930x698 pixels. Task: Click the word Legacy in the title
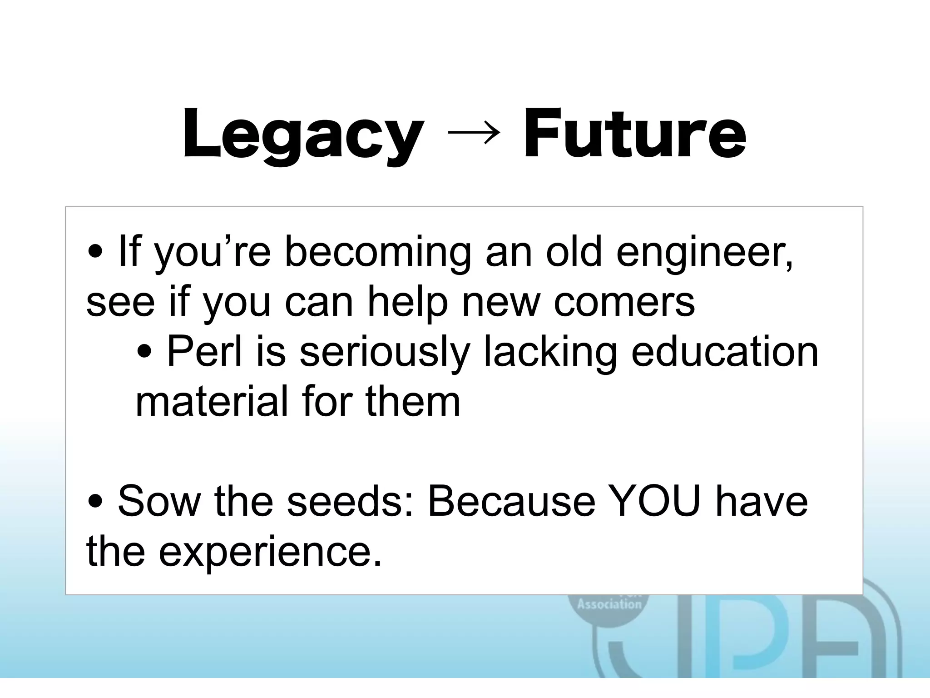pos(303,135)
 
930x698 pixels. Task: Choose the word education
pos(725,352)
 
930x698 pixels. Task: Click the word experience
pos(270,551)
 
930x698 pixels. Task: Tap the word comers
pos(624,302)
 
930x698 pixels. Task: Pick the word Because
pos(511,501)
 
